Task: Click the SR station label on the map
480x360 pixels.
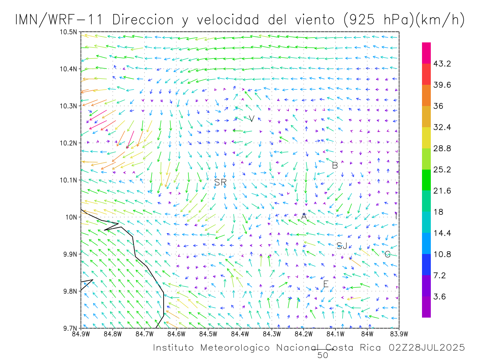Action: [x=220, y=182]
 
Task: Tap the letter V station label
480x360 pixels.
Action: [x=252, y=118]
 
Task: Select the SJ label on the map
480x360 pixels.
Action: [x=342, y=246]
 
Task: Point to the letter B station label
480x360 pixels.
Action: [x=335, y=165]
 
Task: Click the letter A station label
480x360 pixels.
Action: [x=304, y=216]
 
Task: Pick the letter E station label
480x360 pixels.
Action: [x=326, y=284]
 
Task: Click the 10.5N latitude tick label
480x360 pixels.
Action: [x=69, y=32]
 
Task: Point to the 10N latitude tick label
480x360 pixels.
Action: [x=71, y=217]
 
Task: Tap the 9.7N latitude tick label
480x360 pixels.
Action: [x=70, y=328]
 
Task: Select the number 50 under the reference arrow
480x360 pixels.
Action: [x=323, y=355]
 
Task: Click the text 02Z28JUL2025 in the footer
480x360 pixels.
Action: [x=427, y=348]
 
